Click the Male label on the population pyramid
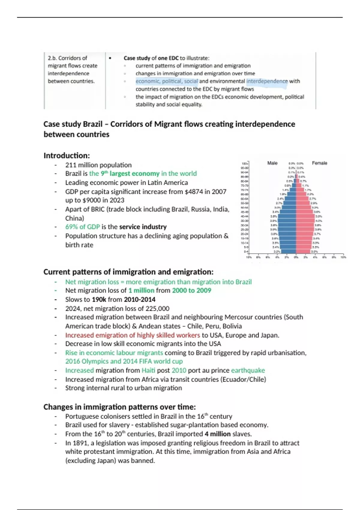[272, 163]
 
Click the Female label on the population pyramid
[319, 163]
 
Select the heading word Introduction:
[67, 156]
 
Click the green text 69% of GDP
[82, 227]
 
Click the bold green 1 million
[141, 290]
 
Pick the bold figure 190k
[99, 299]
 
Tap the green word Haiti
[148, 370]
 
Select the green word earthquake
[248, 370]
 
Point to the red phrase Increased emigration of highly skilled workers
[133, 335]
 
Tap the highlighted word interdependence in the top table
[267, 81]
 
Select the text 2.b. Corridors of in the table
[67, 58]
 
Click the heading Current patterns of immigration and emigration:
[128, 272]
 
